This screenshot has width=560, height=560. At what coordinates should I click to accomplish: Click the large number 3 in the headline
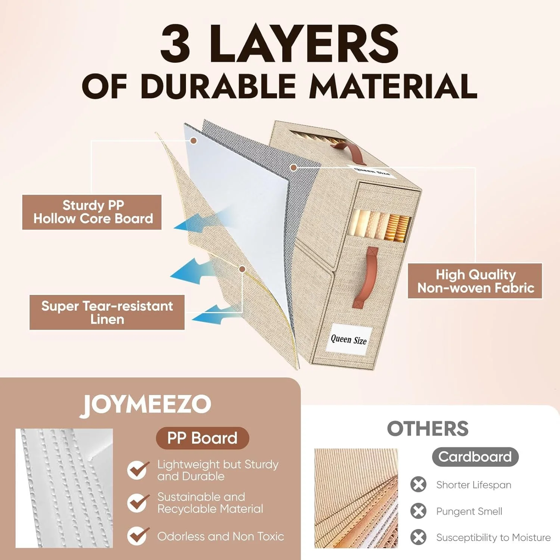[175, 43]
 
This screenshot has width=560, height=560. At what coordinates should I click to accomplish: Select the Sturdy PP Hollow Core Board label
[92, 212]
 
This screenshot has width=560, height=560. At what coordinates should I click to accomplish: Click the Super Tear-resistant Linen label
[107, 312]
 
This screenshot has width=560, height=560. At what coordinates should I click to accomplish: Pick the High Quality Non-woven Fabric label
[475, 281]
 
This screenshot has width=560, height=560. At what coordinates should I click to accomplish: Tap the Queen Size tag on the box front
[349, 339]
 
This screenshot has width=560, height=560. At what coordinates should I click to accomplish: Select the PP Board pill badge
[202, 438]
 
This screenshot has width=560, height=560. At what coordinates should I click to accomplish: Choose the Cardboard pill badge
[475, 457]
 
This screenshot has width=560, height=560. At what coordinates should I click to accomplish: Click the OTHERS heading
[428, 429]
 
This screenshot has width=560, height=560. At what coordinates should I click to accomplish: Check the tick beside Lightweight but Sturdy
[138, 470]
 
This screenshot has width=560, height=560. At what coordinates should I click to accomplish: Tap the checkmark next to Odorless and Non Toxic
[138, 536]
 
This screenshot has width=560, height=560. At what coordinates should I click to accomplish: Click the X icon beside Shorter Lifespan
[419, 485]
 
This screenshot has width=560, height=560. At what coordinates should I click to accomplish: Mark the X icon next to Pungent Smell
[419, 511]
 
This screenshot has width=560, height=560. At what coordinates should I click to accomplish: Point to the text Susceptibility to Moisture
[494, 538]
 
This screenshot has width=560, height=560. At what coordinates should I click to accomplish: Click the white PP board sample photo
[64, 488]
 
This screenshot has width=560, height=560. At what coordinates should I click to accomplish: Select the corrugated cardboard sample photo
[356, 498]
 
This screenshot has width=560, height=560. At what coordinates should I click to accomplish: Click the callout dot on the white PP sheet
[193, 141]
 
